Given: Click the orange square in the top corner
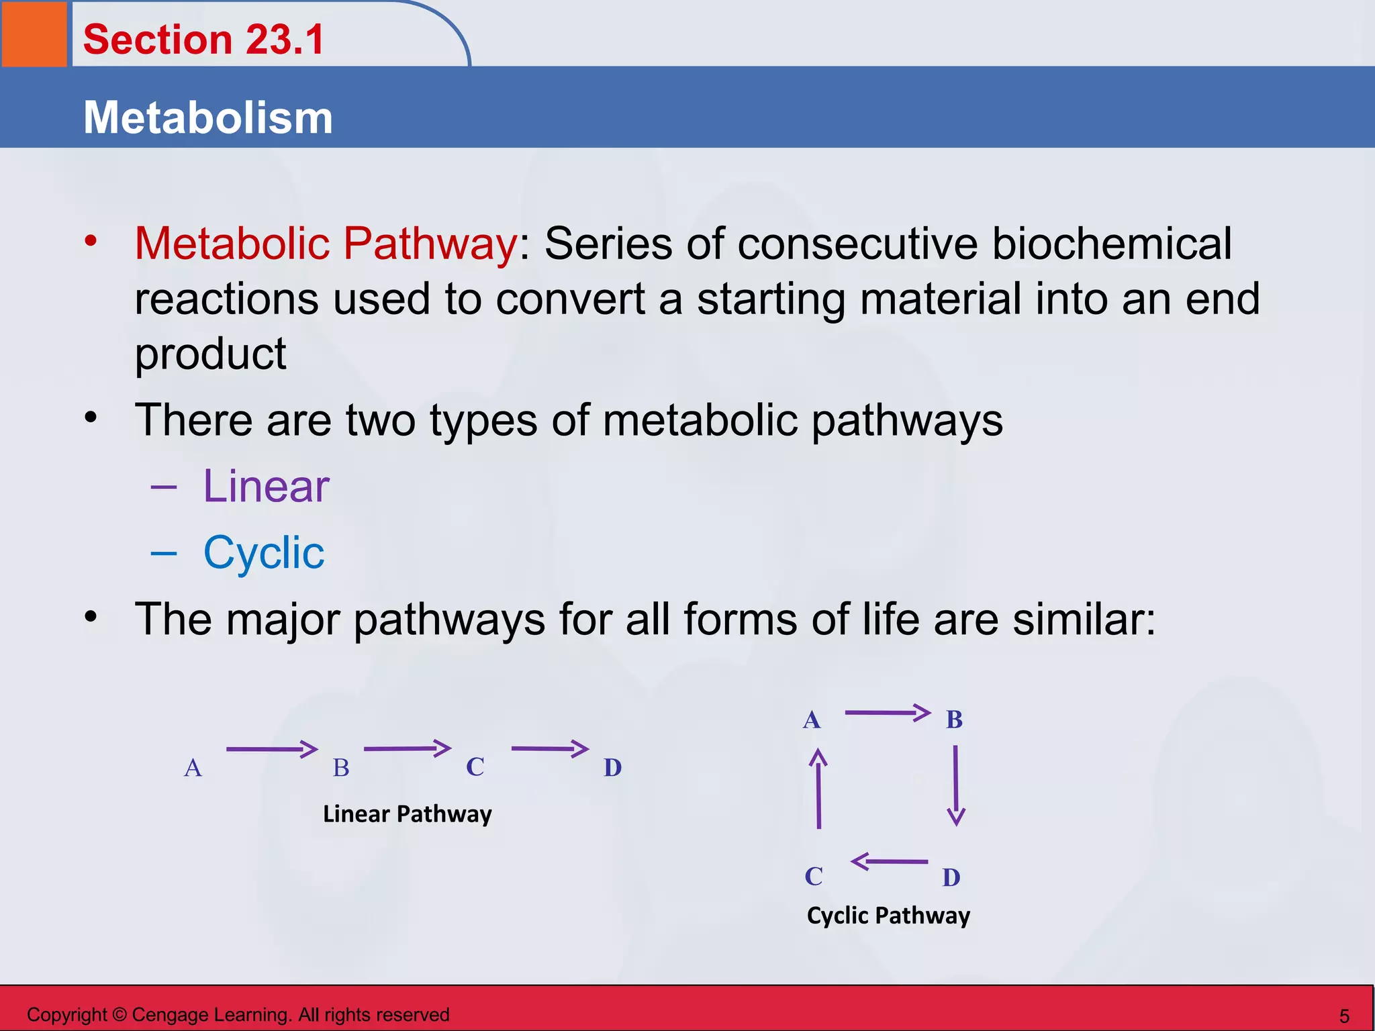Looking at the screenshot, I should coord(34,34).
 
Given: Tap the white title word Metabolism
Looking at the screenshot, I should coord(207,117).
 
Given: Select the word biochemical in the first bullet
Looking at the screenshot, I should coord(1112,243).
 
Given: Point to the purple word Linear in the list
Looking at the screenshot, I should coord(266,486).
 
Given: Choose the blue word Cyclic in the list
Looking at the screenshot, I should coord(264,552).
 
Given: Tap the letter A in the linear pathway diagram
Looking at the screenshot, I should coord(193,767).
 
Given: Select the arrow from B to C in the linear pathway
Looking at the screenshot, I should coord(407,748).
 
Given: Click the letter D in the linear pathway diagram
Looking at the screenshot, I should coord(612,767).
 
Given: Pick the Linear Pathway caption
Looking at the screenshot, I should coord(407,814).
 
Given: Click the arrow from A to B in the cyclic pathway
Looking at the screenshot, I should coord(887,712).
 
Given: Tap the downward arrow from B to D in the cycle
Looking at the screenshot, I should coord(955,785).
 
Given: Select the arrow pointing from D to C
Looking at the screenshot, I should coord(890,861).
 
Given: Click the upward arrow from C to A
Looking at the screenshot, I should coord(818,789).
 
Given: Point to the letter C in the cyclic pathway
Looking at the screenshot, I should coord(814,876).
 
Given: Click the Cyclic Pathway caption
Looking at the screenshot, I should coord(888,916).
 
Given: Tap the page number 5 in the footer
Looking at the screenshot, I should coord(1344,1016).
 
